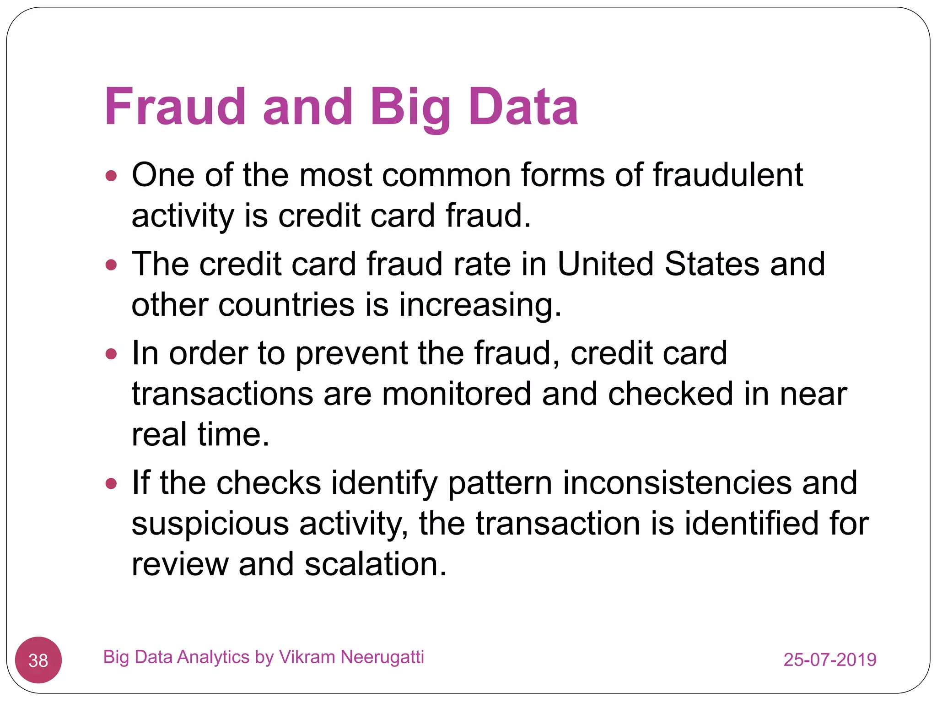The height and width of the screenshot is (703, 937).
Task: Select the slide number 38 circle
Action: click(38, 660)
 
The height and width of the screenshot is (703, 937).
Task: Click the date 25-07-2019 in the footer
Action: click(829, 660)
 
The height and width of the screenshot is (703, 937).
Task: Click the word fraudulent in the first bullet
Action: click(727, 175)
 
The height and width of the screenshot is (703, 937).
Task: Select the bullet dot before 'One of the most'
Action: click(111, 176)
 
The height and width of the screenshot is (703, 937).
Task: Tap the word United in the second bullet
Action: click(605, 264)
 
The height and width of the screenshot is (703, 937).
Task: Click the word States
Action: click(711, 264)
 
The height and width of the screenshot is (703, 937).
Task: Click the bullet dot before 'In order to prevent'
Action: click(111, 354)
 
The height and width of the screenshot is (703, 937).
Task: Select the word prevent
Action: click(351, 354)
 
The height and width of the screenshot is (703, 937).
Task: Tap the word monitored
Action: click(456, 394)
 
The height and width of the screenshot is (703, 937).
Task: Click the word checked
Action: click(670, 394)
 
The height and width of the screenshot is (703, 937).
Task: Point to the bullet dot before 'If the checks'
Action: click(111, 483)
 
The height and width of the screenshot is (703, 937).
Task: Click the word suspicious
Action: click(210, 524)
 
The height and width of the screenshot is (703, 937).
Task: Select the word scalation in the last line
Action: click(375, 564)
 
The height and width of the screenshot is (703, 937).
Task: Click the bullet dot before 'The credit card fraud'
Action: click(111, 265)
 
